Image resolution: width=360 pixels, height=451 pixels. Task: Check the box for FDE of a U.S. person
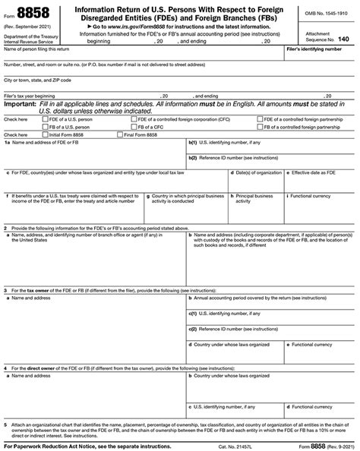pos(45,119)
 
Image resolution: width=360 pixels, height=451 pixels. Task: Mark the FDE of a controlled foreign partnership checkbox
pos(260,119)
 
